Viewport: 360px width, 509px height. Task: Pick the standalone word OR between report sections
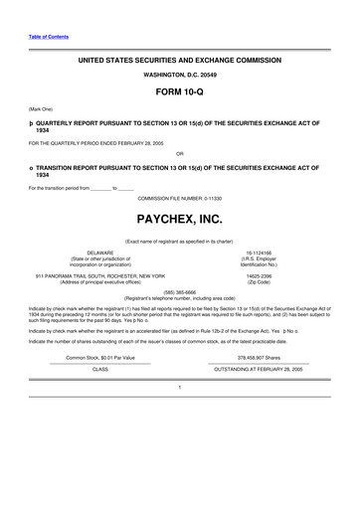coord(179,155)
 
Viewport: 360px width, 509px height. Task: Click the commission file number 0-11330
coord(179,197)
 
